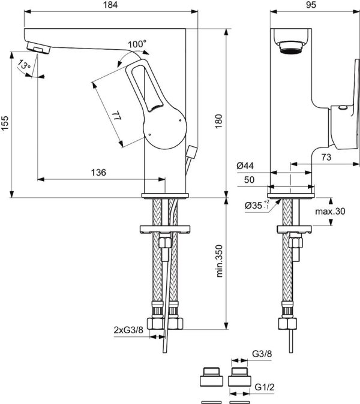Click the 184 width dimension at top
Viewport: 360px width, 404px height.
112,5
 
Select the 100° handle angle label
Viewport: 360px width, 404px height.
137,44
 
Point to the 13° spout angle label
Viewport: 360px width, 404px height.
23,65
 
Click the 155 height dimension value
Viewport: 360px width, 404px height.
6,123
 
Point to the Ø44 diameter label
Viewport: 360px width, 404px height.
245,165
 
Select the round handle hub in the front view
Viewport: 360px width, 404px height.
165,130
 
